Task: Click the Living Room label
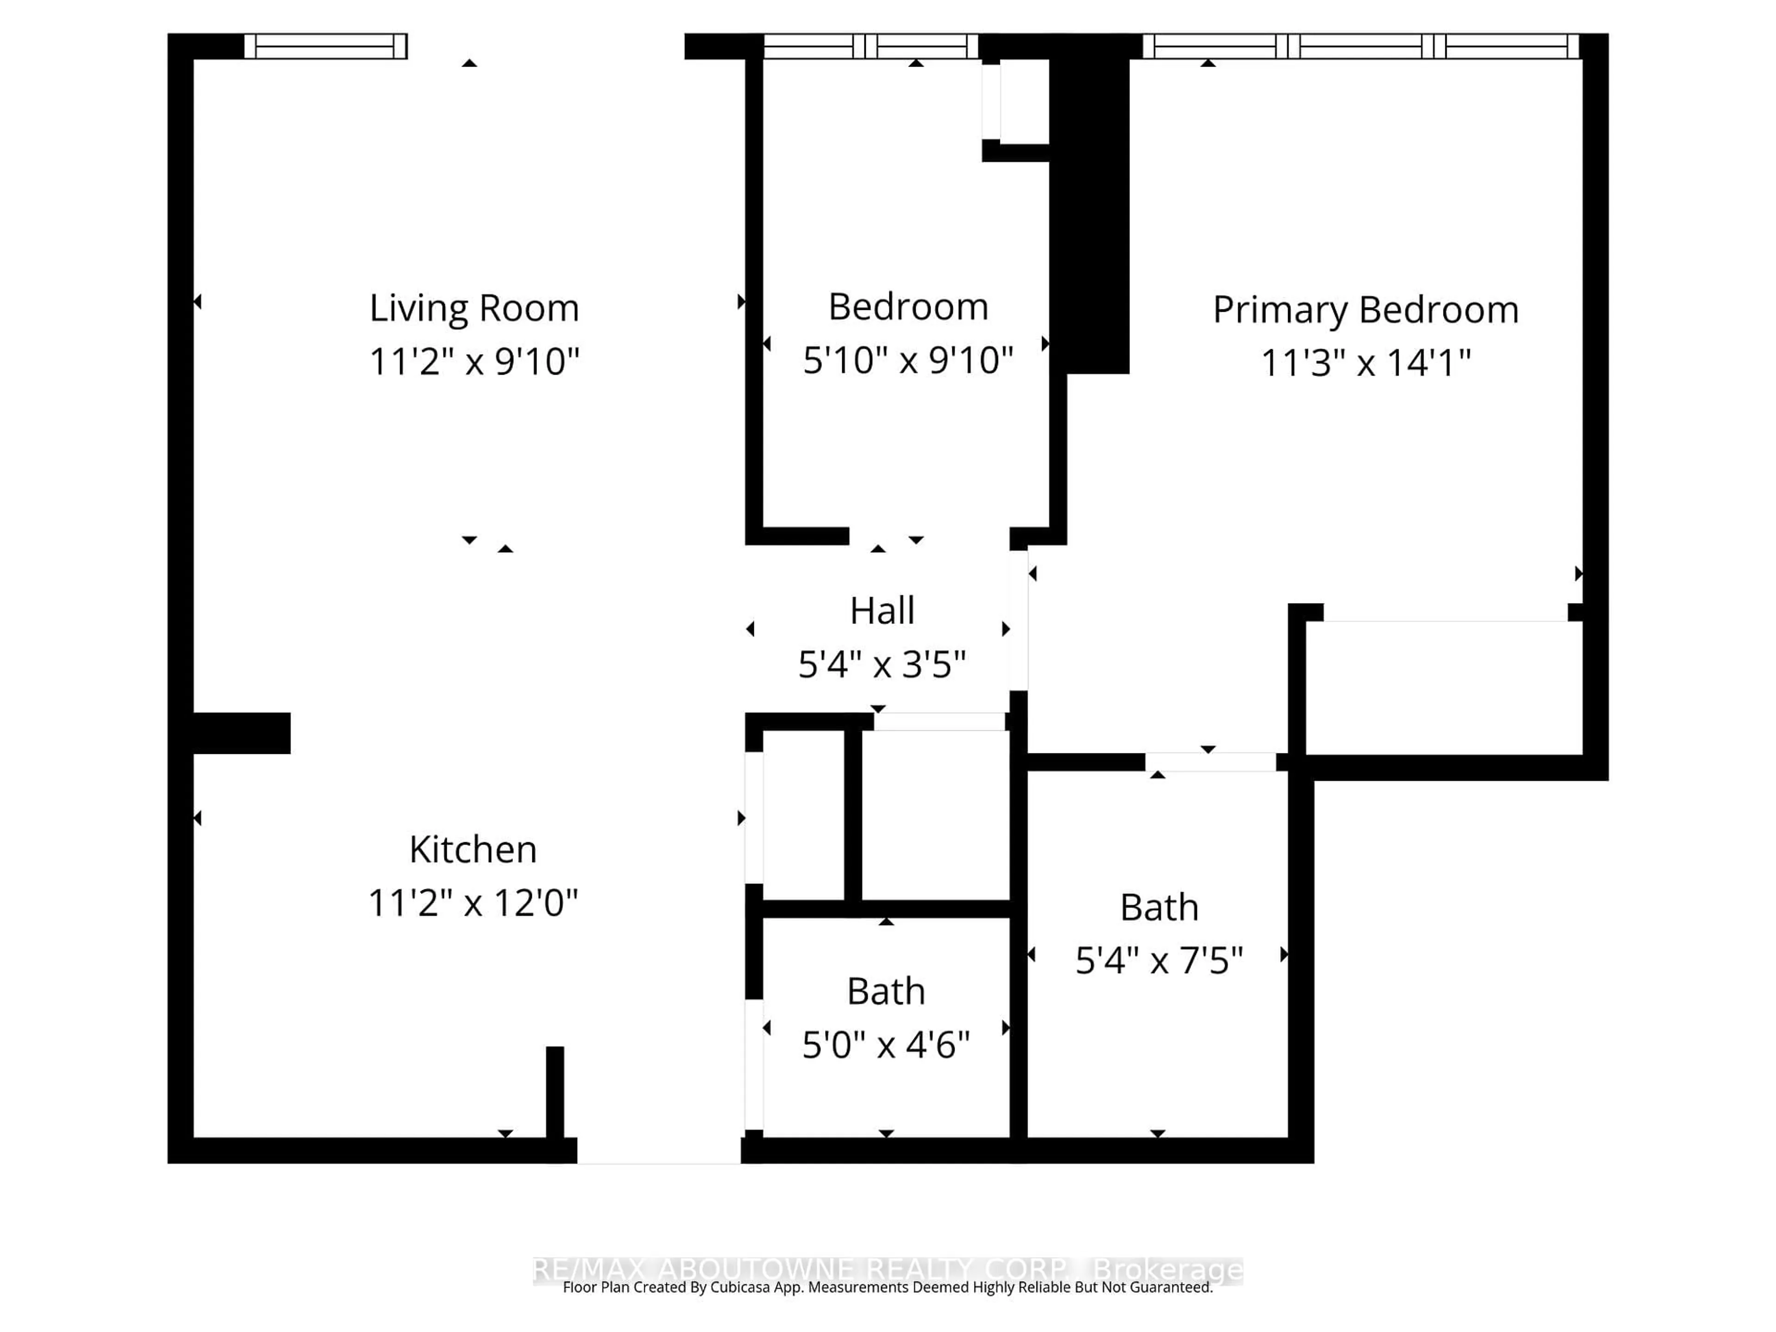[474, 308]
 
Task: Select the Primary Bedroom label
[1365, 310]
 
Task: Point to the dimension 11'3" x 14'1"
[1365, 363]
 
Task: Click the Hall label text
[882, 611]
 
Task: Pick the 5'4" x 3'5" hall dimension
[882, 665]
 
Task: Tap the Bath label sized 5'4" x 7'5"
[1159, 908]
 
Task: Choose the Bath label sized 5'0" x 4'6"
[886, 993]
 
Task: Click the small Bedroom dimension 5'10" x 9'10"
[907, 360]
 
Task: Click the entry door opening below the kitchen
[659, 1151]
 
